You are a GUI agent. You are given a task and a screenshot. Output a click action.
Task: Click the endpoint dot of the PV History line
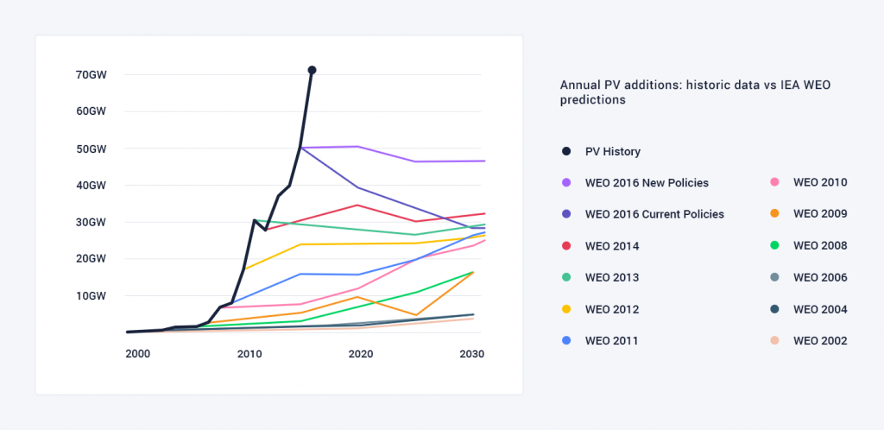tap(312, 70)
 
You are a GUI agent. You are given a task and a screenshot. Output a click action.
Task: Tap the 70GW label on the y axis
tap(91, 75)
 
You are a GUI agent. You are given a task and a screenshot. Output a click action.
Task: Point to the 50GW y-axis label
tap(91, 149)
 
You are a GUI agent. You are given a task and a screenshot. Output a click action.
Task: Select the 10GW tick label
tap(91, 296)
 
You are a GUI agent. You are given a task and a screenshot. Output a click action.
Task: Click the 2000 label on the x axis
tap(138, 354)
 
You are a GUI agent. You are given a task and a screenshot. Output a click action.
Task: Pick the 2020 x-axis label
tap(360, 354)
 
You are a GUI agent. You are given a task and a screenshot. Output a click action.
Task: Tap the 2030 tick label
tap(471, 354)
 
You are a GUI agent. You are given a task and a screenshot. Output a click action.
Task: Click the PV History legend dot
tap(566, 151)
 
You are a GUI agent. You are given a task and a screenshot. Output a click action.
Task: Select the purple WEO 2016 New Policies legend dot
tap(566, 183)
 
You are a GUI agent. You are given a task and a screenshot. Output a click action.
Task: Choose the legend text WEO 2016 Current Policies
tap(654, 214)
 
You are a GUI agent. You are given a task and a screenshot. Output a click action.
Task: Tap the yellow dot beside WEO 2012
tap(566, 309)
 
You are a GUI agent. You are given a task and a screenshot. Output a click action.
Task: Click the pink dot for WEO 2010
tap(774, 183)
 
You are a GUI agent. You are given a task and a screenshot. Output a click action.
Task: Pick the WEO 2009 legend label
tap(820, 214)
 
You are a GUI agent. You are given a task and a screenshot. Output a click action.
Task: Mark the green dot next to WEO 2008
tap(774, 246)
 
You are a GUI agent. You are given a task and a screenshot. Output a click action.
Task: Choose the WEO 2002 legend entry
tap(820, 340)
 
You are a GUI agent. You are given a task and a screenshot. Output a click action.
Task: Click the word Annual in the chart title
tap(581, 85)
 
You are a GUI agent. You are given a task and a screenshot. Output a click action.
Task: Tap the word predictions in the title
tap(593, 100)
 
